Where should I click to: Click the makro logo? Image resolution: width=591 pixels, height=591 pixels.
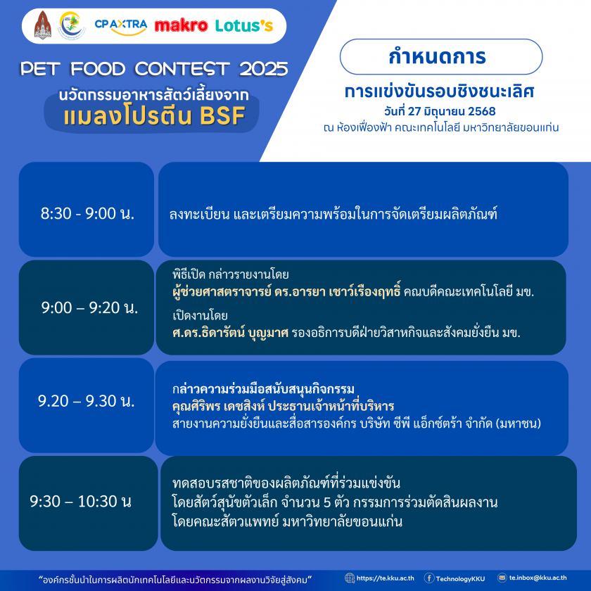click(x=181, y=25)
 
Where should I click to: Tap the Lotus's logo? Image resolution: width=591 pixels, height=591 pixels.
click(x=244, y=25)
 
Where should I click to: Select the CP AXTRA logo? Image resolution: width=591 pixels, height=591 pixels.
click(x=120, y=27)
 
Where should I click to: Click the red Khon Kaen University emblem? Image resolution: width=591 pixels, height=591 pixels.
click(x=43, y=25)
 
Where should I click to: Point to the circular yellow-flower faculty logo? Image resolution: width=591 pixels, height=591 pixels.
click(x=71, y=25)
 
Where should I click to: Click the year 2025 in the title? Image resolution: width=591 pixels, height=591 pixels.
click(x=263, y=69)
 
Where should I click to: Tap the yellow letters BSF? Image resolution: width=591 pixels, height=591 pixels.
click(x=222, y=115)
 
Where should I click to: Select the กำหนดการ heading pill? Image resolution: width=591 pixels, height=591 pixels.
click(x=441, y=56)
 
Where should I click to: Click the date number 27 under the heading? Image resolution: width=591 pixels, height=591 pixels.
click(x=414, y=111)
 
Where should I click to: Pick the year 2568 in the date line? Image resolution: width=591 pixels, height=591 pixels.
click(x=482, y=111)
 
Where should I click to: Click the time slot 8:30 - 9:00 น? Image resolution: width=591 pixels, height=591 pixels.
click(x=87, y=213)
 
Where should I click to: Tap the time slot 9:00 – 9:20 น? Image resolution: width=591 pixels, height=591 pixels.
click(x=89, y=307)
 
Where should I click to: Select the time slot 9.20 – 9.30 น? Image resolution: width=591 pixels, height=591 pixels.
click(x=87, y=400)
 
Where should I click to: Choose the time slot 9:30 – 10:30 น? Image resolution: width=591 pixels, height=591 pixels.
click(x=81, y=501)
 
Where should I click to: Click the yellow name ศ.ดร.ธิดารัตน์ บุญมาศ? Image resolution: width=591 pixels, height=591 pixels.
click(x=230, y=332)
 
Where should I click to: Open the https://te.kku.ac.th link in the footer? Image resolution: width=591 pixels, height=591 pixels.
click(x=385, y=578)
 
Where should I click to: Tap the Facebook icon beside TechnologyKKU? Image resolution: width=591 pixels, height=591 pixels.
click(x=429, y=578)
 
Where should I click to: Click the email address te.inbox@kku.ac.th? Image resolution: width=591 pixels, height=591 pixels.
click(x=538, y=578)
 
